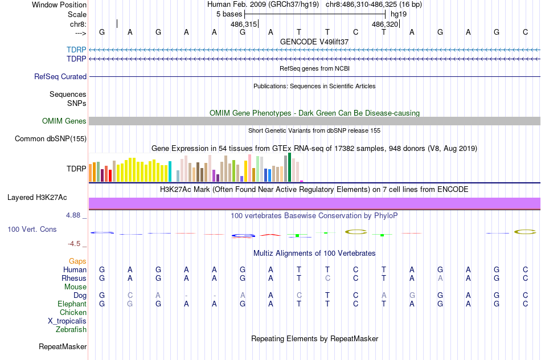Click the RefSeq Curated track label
60,76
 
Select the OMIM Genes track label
64,121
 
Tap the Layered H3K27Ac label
37,198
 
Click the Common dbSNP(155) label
51,138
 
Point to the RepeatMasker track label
63,346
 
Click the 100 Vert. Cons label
32,229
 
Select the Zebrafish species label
71,329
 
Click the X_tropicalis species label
67,321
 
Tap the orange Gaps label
77,261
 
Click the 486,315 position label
243,24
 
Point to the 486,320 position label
384,24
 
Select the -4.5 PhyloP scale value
75,244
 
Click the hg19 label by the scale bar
399,14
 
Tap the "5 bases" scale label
229,14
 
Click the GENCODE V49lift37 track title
314,42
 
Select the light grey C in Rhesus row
327,279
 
